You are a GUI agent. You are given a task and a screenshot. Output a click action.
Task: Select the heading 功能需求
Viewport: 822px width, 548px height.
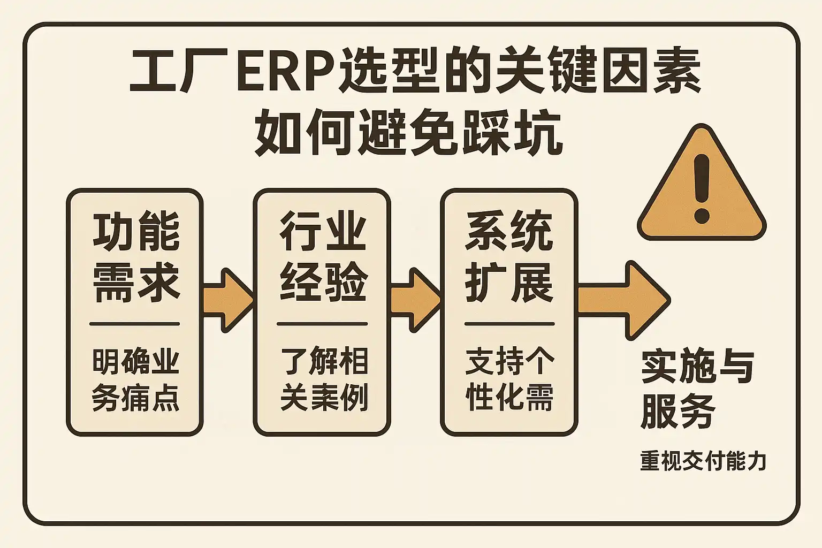point(136,256)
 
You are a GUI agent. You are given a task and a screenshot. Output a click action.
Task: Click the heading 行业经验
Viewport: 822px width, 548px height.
point(323,256)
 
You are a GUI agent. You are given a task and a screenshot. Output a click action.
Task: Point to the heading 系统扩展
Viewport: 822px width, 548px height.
point(509,256)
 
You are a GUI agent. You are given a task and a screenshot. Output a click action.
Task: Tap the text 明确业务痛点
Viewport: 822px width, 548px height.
point(135,380)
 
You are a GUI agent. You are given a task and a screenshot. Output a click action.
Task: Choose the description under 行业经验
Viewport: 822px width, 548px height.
point(323,380)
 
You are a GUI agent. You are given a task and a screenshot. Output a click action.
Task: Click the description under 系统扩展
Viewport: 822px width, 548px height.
point(509,380)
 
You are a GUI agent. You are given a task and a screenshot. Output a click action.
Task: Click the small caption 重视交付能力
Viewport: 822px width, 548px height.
point(703,461)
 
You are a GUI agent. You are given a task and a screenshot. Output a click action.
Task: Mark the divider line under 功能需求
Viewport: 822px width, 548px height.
point(135,324)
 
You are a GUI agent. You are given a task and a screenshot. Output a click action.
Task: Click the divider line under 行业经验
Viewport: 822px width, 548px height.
point(322,324)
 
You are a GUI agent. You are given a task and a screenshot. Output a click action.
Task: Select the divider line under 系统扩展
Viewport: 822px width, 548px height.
point(509,324)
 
